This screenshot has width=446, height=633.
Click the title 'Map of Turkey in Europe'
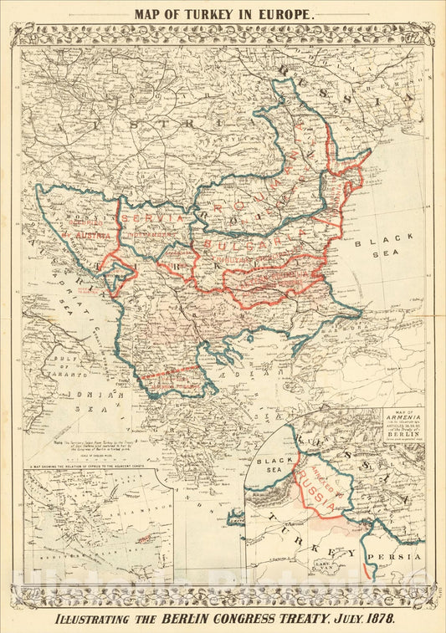point(223,14)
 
